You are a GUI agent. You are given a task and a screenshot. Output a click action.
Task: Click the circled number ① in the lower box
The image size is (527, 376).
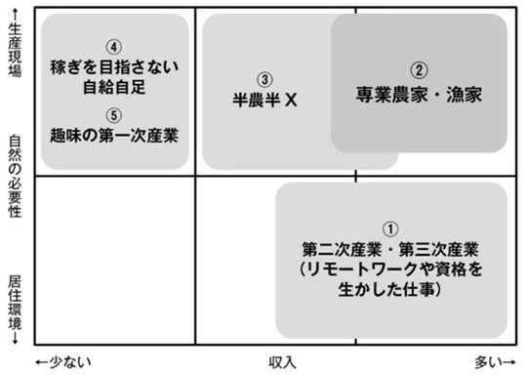(390, 228)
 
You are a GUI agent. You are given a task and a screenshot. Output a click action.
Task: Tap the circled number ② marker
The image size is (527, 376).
(418, 70)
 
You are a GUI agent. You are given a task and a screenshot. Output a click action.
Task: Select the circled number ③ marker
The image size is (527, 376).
(263, 79)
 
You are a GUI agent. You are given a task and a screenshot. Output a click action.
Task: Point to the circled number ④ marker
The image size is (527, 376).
(114, 46)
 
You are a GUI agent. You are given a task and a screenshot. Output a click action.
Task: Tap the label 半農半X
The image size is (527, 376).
(263, 102)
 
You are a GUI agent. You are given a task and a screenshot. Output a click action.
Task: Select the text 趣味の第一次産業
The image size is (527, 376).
(114, 131)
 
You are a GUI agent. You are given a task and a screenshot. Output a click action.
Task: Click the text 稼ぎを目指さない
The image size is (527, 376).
(114, 67)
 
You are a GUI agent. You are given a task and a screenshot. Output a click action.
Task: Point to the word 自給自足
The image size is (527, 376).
(114, 88)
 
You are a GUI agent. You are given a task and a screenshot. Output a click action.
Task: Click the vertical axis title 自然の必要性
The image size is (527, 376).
(14, 176)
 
